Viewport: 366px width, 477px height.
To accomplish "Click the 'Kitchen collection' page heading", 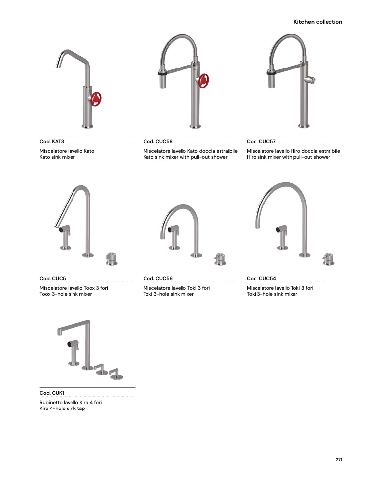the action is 318,22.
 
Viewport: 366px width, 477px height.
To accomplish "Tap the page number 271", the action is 339,459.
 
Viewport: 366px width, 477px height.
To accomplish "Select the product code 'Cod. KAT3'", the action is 52,141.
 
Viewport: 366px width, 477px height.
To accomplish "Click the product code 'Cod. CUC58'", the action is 158,141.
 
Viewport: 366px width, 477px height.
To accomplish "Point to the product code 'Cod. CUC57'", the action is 261,141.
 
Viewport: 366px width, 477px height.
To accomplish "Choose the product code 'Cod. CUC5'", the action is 53,278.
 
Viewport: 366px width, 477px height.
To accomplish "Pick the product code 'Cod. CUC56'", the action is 158,278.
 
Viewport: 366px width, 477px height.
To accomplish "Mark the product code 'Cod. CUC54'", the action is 261,278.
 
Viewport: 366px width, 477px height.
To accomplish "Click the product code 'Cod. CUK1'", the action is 52,393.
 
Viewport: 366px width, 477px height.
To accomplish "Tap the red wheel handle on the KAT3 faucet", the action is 96,99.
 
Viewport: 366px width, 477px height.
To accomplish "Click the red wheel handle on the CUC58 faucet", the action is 203,81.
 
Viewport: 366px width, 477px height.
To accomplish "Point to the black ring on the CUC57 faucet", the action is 271,73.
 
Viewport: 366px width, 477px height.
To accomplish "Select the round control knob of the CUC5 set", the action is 111,259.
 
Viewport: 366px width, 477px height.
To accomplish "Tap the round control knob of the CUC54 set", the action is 328,259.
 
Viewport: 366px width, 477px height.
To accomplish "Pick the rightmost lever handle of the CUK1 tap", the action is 116,374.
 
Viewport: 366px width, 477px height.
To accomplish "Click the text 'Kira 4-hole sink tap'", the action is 62,408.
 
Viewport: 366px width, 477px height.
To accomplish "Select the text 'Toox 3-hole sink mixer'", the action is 66,294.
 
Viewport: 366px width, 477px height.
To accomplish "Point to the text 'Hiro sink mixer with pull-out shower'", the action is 289,157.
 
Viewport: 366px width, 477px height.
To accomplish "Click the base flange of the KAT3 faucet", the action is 87,126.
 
